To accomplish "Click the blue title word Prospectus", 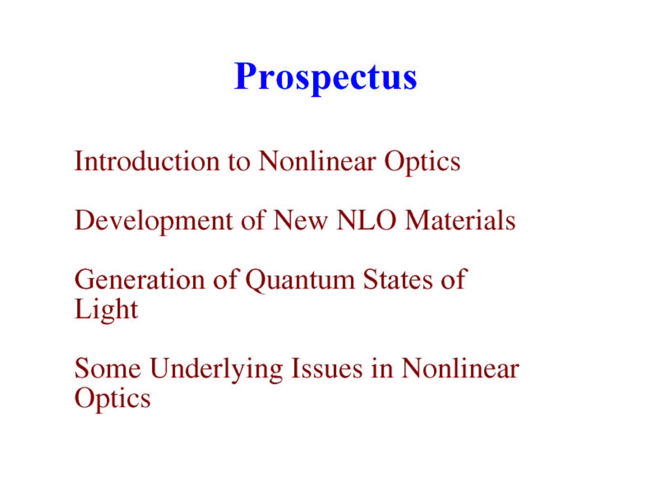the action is pyautogui.click(x=325, y=78).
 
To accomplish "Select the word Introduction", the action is pyautogui.click(x=147, y=161).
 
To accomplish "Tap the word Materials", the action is pyautogui.click(x=460, y=220).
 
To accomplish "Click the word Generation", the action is pyautogui.click(x=140, y=280).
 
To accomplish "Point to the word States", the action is pyautogui.click(x=398, y=279).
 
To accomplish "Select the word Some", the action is pyautogui.click(x=108, y=369).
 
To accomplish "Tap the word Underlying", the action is pyautogui.click(x=217, y=370).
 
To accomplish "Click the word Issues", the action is pyautogui.click(x=327, y=369).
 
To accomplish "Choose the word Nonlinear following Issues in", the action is pyautogui.click(x=460, y=369).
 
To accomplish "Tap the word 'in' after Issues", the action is pyautogui.click(x=382, y=369).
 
